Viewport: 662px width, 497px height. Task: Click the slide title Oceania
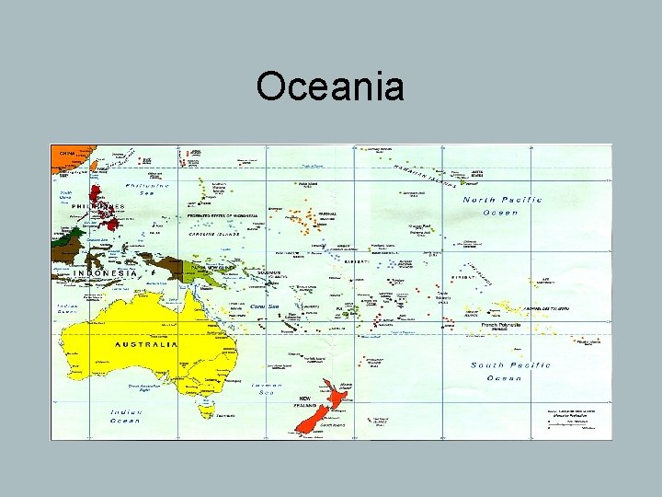coord(330,87)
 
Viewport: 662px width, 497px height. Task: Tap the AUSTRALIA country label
coord(145,344)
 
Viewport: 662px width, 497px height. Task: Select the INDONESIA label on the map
coord(105,272)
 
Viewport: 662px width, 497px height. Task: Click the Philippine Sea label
coord(154,189)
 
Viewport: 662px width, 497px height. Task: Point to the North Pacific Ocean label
coord(502,205)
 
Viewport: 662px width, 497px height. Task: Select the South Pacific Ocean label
coord(510,371)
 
